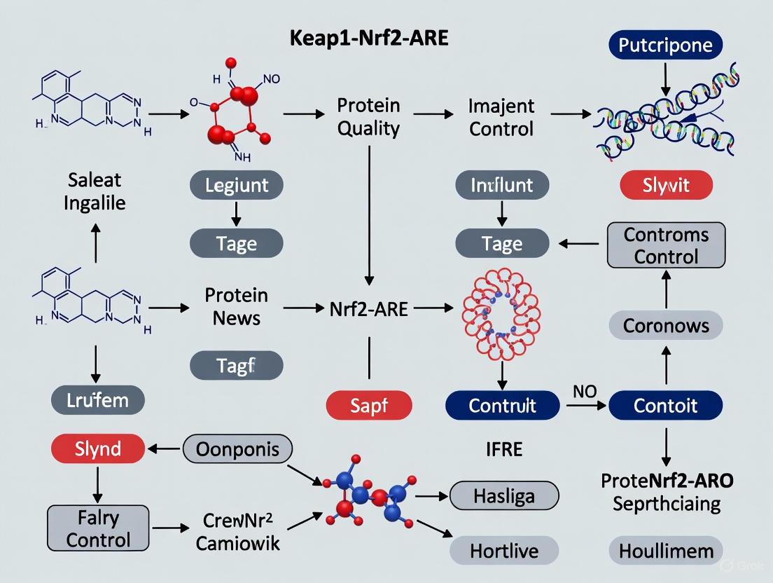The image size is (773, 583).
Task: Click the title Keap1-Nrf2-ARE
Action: [369, 38]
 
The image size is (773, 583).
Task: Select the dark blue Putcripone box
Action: [666, 46]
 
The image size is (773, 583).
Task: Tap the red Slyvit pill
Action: [666, 186]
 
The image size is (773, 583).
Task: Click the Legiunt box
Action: [237, 186]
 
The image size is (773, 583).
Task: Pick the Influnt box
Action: [502, 186]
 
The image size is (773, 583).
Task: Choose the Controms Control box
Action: [666, 245]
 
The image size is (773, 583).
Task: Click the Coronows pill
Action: [666, 326]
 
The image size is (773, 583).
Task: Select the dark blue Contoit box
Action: [665, 405]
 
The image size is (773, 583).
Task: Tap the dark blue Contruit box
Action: [502, 405]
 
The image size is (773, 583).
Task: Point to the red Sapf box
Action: [369, 405]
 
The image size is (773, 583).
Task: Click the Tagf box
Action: [237, 365]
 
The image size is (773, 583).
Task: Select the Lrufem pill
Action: [98, 400]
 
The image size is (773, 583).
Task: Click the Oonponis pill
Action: [237, 448]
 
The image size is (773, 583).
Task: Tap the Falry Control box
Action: [98, 528]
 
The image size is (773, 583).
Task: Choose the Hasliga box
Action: [503, 496]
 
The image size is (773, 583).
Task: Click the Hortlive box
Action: [503, 550]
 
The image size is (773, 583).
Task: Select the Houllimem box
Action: [666, 550]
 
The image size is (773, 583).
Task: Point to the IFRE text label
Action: [503, 448]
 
